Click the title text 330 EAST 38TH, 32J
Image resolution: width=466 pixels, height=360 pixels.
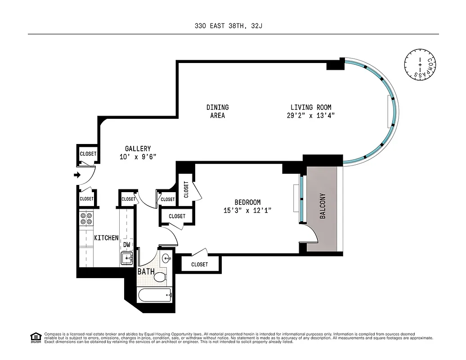point(228,26)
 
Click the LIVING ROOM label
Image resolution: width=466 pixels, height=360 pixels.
point(311,108)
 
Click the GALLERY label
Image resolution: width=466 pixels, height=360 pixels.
point(138,148)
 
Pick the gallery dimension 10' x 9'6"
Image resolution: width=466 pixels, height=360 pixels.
point(138,157)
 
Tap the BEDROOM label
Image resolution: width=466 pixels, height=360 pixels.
point(247,202)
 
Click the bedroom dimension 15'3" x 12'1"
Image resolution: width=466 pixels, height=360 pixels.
point(247,211)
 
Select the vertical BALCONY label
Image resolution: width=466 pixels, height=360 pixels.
point(323,206)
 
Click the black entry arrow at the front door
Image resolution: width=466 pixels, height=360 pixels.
point(77,175)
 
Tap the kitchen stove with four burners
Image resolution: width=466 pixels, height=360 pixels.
point(86,219)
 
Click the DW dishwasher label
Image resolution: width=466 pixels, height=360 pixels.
point(127,244)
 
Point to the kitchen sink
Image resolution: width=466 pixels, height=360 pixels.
point(126,258)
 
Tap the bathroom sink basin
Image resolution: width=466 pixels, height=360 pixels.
point(166,258)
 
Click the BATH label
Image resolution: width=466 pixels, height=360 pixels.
point(146,272)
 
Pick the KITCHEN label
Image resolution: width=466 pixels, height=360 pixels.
point(106,238)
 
